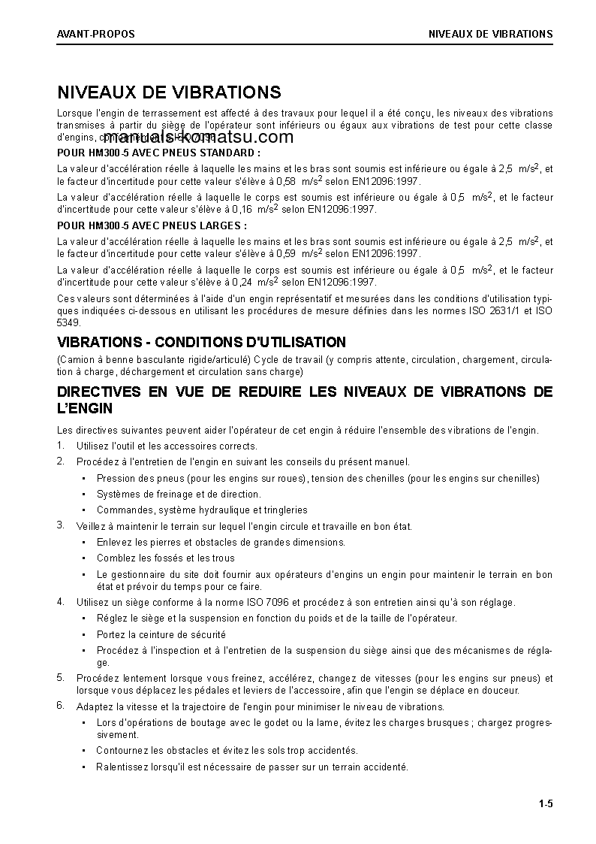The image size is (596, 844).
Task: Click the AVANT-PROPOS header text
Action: click(96, 34)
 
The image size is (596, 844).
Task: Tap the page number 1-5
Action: click(545, 805)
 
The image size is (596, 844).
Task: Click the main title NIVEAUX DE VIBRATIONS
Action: click(169, 92)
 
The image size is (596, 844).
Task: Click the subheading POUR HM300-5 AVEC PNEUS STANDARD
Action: click(158, 153)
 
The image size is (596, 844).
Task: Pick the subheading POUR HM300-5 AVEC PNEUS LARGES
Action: click(152, 225)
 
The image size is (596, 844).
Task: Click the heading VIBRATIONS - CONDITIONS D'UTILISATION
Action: click(202, 343)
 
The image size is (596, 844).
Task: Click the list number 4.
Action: click(61, 602)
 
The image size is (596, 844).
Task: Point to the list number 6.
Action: click(61, 706)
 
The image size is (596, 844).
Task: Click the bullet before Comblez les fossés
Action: click(83, 558)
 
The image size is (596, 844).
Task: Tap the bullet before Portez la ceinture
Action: click(83, 635)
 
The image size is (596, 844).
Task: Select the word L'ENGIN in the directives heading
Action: click(85, 409)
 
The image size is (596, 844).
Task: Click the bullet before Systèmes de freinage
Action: click(83, 495)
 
